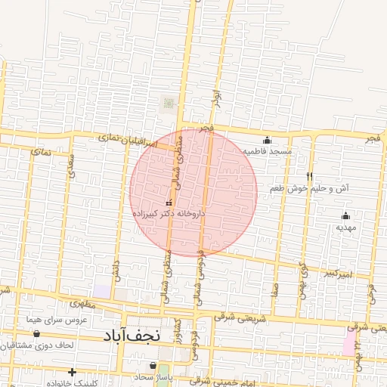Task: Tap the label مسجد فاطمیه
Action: [x=267, y=151]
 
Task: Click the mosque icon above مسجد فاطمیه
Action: [x=266, y=141]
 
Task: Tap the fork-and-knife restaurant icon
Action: [x=308, y=176]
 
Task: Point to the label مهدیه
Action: [x=345, y=227]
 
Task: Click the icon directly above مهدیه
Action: [x=345, y=216]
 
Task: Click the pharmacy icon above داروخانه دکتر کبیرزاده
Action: [x=169, y=203]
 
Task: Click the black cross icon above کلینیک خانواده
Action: [x=72, y=372]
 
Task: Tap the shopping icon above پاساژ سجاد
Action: [x=153, y=366]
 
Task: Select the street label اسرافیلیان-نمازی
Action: [x=126, y=140]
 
